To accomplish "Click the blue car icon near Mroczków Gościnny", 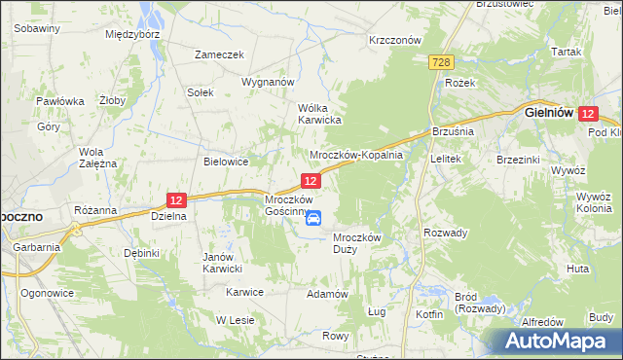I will [313, 218].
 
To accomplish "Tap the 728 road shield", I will [441, 61].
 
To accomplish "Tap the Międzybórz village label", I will [131, 33].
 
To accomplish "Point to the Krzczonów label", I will [394, 41].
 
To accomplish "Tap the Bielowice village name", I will [226, 162].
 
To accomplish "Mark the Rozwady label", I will [446, 233].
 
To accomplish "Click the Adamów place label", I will [327, 293].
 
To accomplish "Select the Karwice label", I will [245, 292].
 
